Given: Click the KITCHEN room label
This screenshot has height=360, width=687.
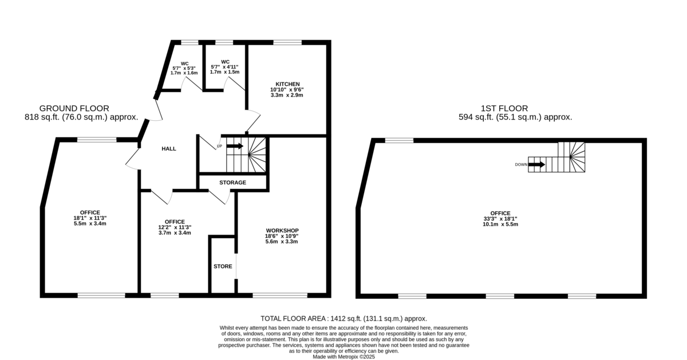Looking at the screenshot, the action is pyautogui.click(x=287, y=84).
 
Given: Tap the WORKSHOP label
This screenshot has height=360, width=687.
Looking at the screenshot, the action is pyautogui.click(x=282, y=231).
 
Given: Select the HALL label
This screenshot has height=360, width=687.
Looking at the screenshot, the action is pyautogui.click(x=169, y=149).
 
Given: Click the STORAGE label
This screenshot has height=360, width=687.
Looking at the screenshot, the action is pyautogui.click(x=233, y=183).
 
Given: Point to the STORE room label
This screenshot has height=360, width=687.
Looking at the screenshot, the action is pyautogui.click(x=223, y=267).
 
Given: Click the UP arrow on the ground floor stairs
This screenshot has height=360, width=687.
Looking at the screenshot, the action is pyautogui.click(x=235, y=146).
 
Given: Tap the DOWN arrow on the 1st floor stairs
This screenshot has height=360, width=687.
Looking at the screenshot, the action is pyautogui.click(x=536, y=165).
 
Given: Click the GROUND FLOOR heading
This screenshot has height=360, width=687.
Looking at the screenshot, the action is pyautogui.click(x=74, y=108).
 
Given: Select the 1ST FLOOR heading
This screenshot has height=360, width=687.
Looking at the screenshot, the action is pyautogui.click(x=504, y=108).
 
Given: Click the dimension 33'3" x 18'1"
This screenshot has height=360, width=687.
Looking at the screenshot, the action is pyautogui.click(x=500, y=219).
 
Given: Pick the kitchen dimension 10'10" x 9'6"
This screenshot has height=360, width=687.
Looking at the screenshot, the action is pyautogui.click(x=287, y=89).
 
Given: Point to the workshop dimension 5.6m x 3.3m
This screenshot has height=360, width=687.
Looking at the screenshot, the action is pyautogui.click(x=282, y=242).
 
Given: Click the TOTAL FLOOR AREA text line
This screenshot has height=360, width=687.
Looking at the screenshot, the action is pyautogui.click(x=344, y=319).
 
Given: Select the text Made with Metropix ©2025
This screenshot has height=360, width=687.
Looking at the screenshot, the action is pyautogui.click(x=344, y=357).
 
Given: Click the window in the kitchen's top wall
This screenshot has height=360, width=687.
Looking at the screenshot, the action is pyautogui.click(x=287, y=42).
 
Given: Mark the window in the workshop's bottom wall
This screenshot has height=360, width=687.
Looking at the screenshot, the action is pyautogui.click(x=280, y=295).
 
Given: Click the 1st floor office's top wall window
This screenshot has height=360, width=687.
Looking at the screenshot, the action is pyautogui.click(x=400, y=140).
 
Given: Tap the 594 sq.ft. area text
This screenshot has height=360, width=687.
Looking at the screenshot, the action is pyautogui.click(x=515, y=117).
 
